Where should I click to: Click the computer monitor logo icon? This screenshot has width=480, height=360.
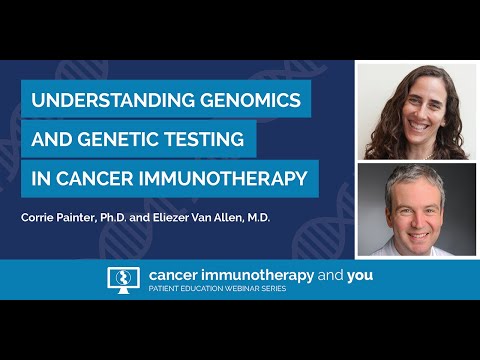pyautogui.click(x=122, y=280)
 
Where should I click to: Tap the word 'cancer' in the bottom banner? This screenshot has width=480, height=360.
pyautogui.click(x=174, y=276)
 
